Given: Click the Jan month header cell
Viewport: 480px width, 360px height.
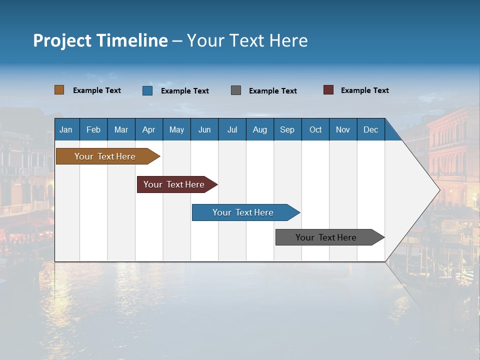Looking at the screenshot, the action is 66,129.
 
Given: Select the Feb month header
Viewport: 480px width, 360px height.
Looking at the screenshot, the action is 93,129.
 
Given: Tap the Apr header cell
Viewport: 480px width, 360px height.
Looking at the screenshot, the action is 149,129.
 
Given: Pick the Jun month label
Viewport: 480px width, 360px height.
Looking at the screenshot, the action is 204,129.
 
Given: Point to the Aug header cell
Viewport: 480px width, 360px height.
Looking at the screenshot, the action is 260,129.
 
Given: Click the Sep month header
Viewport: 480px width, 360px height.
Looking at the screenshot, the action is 287,129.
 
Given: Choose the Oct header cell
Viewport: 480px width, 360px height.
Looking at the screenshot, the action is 315,129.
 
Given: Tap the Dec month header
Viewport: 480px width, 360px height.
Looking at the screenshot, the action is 371,129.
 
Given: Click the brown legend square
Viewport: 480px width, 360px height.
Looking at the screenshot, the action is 59,90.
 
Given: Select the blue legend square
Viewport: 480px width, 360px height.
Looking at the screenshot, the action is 147,90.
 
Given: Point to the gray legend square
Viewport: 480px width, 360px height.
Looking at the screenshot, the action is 236,90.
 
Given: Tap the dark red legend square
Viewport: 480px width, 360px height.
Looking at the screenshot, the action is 328,90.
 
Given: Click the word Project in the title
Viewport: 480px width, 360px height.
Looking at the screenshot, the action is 62,40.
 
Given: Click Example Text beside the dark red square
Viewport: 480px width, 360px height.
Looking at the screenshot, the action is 364,90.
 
